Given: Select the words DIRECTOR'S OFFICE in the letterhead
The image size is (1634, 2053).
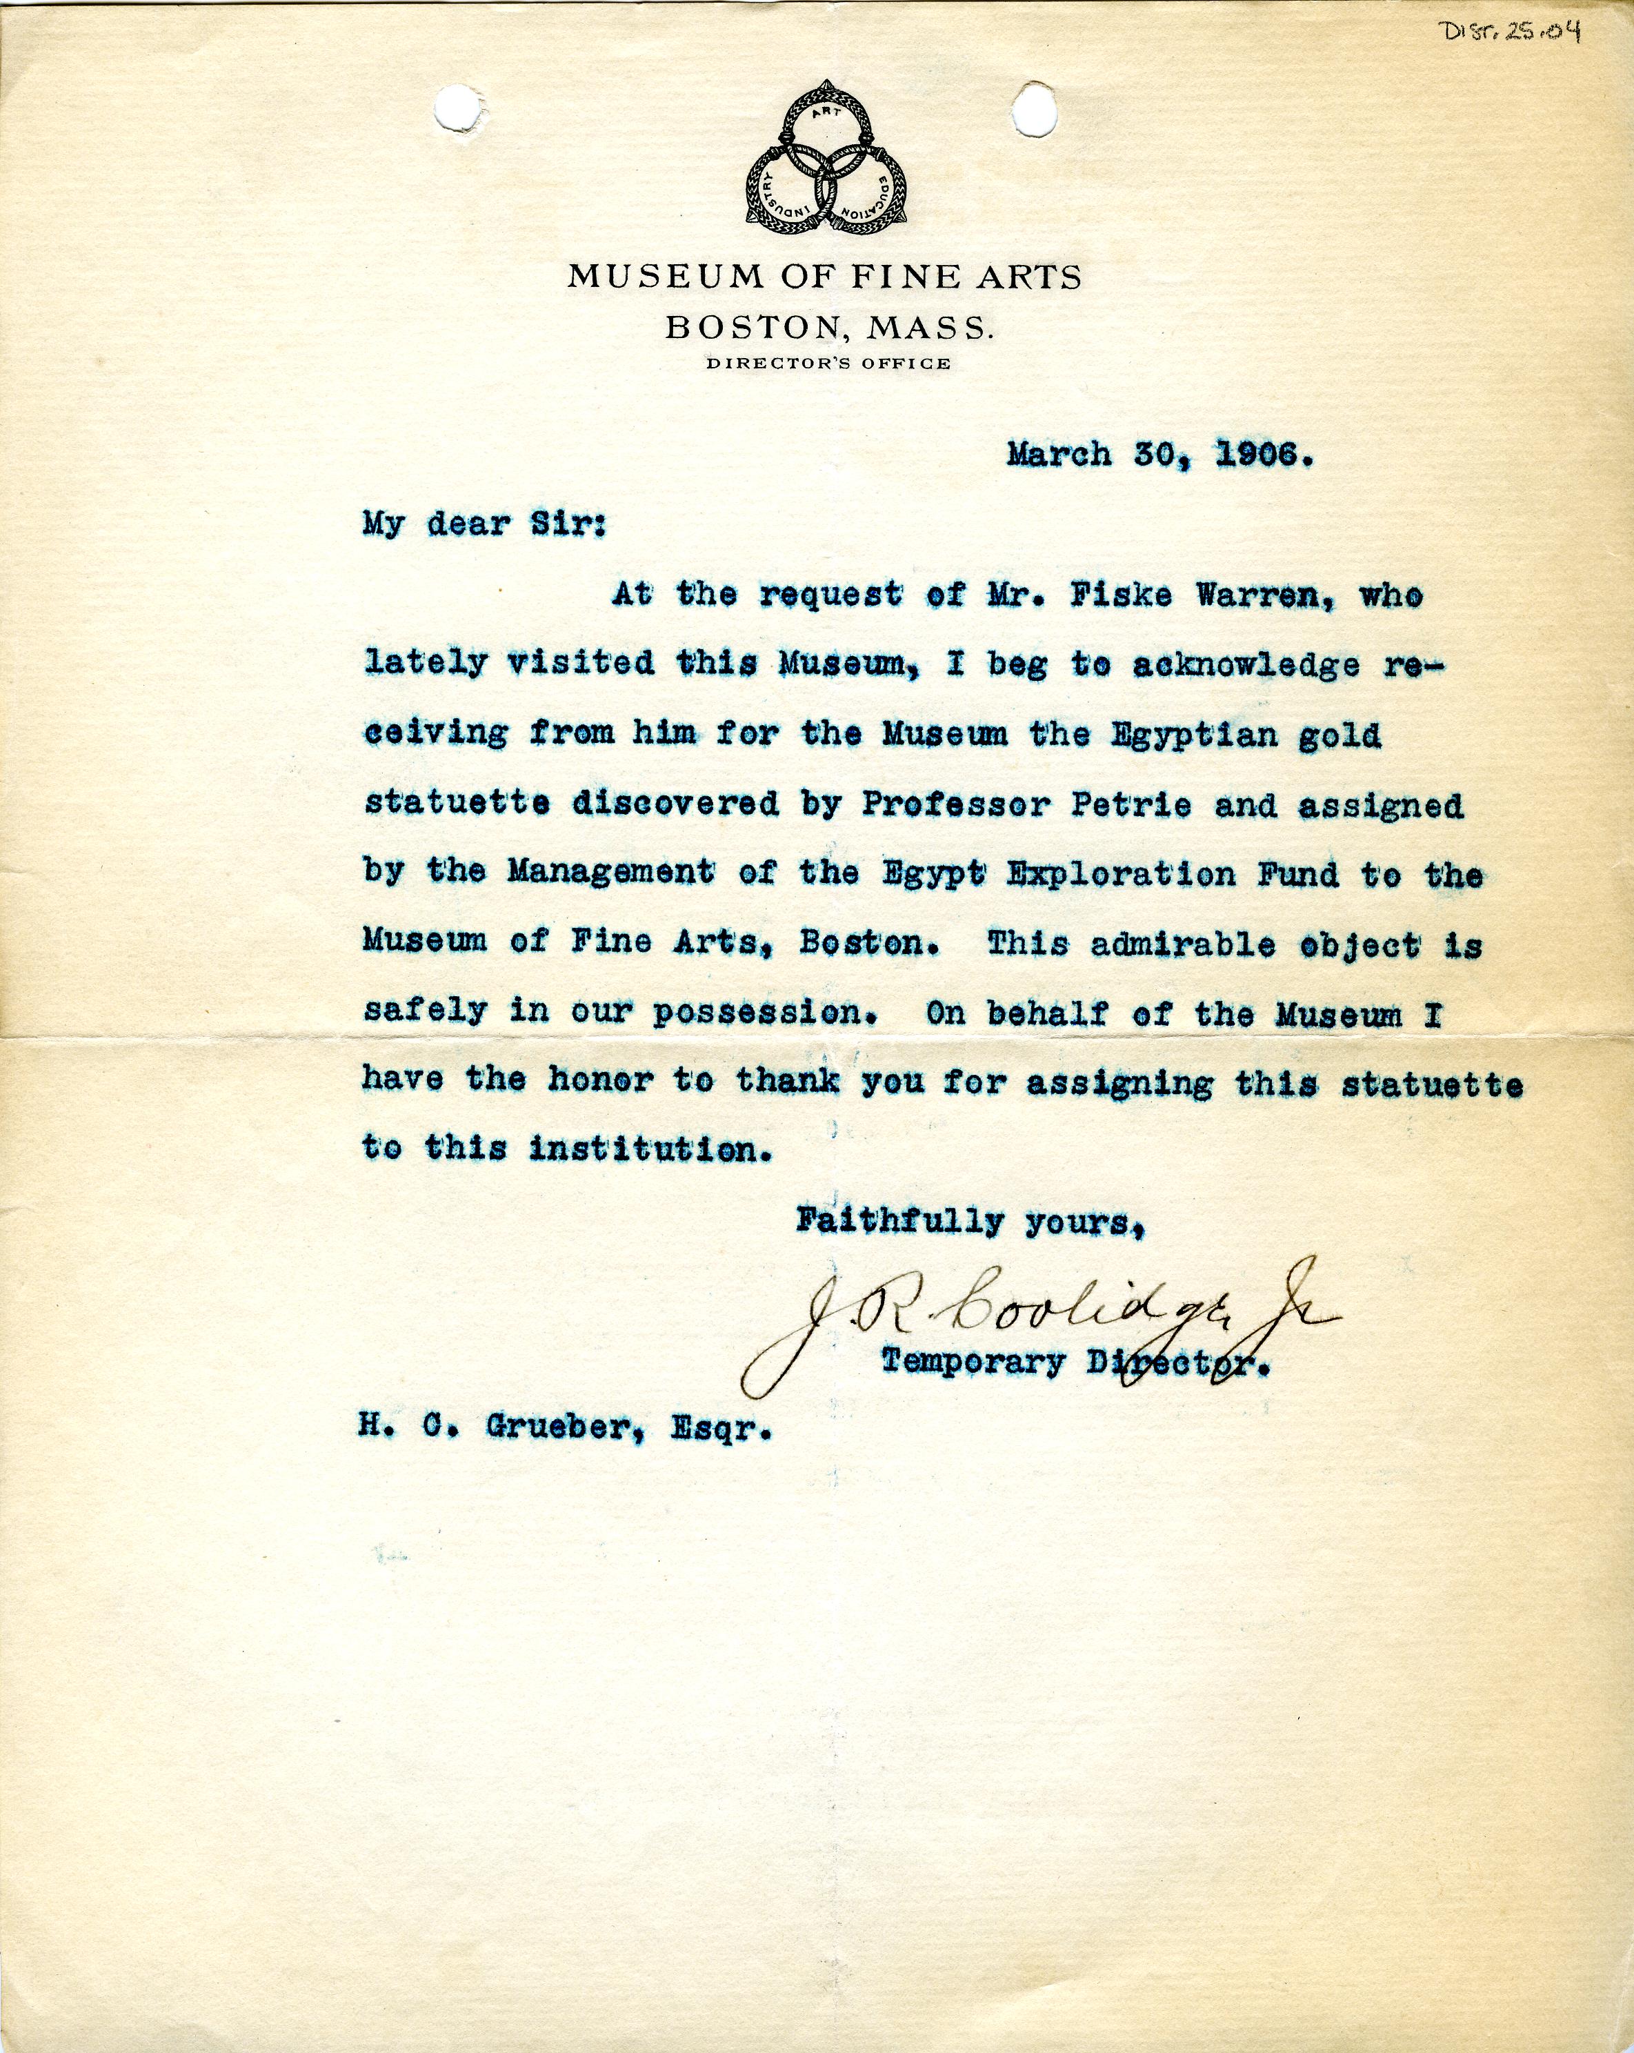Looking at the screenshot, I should click(826, 363).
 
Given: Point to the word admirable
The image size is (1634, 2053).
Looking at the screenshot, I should click(1186, 944).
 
